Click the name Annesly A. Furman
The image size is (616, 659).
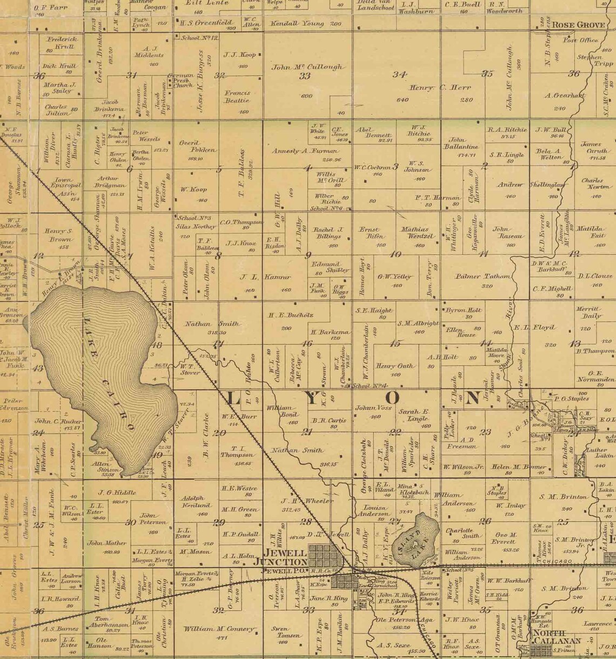pos(304,151)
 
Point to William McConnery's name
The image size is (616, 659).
pos(218,629)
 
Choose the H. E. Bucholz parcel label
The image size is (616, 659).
pos(291,315)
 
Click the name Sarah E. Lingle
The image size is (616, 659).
pos(414,415)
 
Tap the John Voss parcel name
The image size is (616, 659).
pos(373,408)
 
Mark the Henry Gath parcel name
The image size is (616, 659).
pos(395,366)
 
